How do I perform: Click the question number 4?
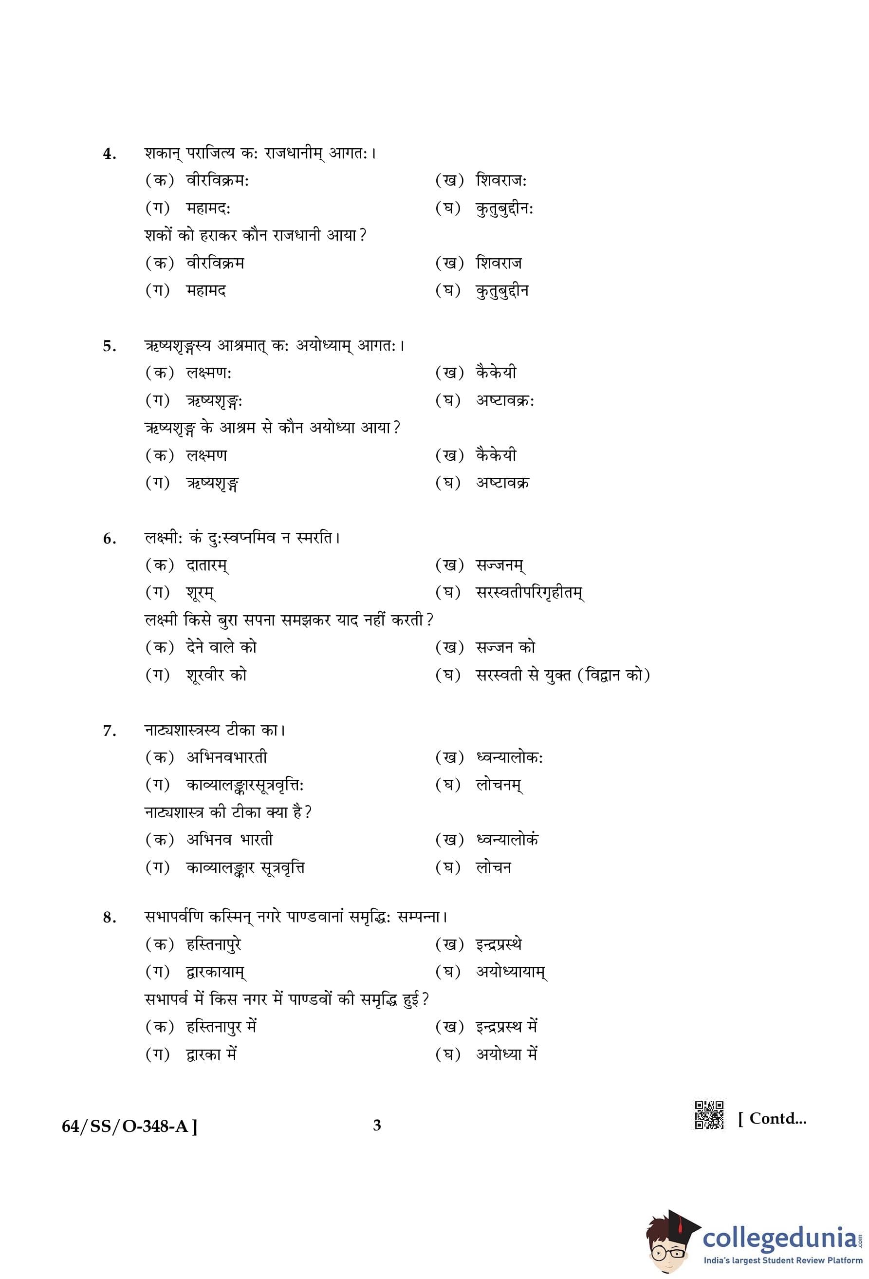(x=110, y=154)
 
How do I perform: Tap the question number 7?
(x=110, y=732)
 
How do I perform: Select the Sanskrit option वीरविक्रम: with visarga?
(x=217, y=181)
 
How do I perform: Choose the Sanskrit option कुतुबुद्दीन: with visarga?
(x=504, y=208)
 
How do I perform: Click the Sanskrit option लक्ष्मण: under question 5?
(x=208, y=373)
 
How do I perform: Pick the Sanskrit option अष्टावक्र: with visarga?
(x=505, y=401)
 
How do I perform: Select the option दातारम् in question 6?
(x=207, y=565)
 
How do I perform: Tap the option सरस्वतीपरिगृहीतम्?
(x=530, y=593)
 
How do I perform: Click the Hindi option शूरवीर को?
(x=216, y=675)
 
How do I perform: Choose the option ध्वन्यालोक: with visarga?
(x=509, y=758)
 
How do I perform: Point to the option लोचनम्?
(x=499, y=785)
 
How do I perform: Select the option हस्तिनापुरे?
(x=214, y=944)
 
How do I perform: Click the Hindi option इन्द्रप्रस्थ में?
(x=506, y=1026)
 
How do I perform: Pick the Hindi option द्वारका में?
(x=211, y=1054)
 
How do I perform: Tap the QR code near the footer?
(x=709, y=1115)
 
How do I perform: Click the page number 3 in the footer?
(x=377, y=1126)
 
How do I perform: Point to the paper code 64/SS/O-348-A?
(x=129, y=1127)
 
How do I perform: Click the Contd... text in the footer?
(x=772, y=1118)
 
